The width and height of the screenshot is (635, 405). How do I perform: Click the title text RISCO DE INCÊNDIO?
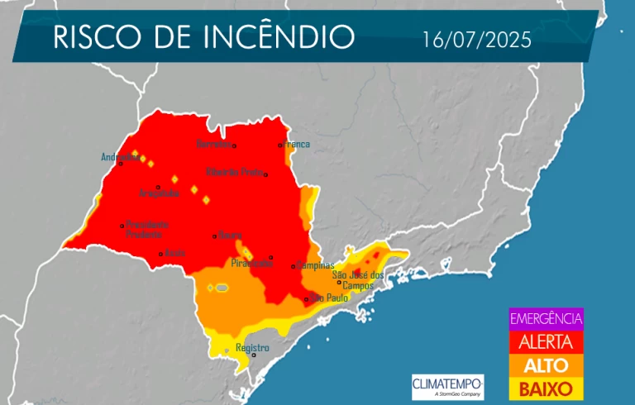(x=203, y=37)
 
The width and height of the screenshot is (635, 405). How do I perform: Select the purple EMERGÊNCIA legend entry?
(x=546, y=318)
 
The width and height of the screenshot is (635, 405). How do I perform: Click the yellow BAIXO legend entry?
(x=546, y=387)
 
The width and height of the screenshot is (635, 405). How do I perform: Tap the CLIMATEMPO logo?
(x=447, y=385)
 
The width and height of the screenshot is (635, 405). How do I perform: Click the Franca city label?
(x=297, y=145)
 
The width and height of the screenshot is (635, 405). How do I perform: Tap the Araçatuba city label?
(x=160, y=193)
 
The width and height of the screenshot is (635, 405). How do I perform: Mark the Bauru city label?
(x=230, y=236)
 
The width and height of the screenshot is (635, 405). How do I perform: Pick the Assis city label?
(x=174, y=253)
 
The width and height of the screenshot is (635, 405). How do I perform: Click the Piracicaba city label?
(x=252, y=264)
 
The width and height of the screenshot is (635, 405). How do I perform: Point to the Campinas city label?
(x=316, y=265)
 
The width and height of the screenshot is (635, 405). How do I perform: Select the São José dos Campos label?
(x=358, y=279)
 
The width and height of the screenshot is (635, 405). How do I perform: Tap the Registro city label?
(x=252, y=348)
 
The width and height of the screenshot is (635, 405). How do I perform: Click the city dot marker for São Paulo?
(x=306, y=299)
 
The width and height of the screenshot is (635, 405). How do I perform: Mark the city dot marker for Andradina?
(x=121, y=163)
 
